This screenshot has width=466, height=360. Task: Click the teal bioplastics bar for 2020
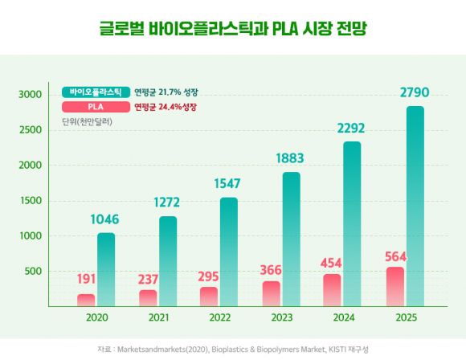106,269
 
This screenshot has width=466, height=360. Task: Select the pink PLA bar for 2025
395,286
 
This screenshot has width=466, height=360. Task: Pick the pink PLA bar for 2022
209,297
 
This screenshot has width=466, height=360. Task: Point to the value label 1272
168,203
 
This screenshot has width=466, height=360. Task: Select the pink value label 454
333,261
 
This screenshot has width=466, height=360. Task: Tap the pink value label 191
86,280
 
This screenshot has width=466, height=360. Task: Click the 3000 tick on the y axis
31,95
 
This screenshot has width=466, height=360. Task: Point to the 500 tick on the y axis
33,272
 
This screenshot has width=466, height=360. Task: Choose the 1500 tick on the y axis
31,201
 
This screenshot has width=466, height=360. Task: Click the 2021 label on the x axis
158,317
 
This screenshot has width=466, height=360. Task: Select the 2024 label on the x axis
344,317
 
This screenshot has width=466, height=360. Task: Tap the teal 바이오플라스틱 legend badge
95,92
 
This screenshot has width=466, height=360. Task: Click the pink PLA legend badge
95,106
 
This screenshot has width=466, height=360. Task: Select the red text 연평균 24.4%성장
166,106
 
